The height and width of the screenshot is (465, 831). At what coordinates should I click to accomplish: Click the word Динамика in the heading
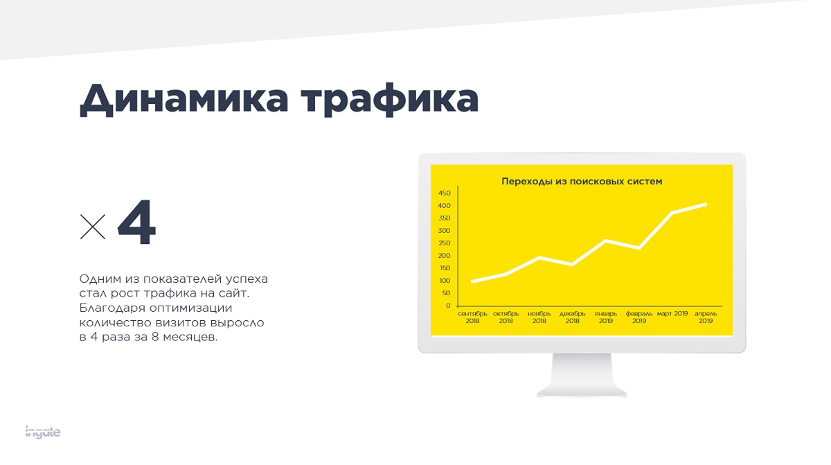184,98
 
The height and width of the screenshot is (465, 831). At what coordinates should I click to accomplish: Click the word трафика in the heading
389,100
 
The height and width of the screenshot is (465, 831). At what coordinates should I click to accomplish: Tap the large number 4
137,222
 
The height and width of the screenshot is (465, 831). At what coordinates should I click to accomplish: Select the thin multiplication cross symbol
93,227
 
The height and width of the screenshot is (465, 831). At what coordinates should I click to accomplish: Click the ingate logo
43,432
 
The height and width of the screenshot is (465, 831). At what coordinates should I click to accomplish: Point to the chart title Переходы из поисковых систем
582,182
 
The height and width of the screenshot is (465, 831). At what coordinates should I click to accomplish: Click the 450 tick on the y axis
444,193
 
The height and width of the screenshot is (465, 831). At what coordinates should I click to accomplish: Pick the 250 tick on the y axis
444,243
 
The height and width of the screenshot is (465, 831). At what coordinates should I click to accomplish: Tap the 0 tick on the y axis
448,306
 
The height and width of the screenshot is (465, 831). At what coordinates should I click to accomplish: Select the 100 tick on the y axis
445,281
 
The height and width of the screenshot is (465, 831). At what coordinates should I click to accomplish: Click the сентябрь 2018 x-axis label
472,317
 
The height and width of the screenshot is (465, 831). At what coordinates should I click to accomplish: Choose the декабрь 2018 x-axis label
573,317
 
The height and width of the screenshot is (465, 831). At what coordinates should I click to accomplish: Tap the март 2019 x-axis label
672,314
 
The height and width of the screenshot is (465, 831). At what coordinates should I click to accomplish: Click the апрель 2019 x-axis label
706,317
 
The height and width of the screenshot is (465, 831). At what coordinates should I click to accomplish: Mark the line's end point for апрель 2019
705,204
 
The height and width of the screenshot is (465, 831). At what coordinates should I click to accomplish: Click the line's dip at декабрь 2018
573,264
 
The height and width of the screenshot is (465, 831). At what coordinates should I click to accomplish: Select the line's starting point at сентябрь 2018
472,281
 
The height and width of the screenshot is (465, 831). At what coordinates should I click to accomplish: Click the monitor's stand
582,375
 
